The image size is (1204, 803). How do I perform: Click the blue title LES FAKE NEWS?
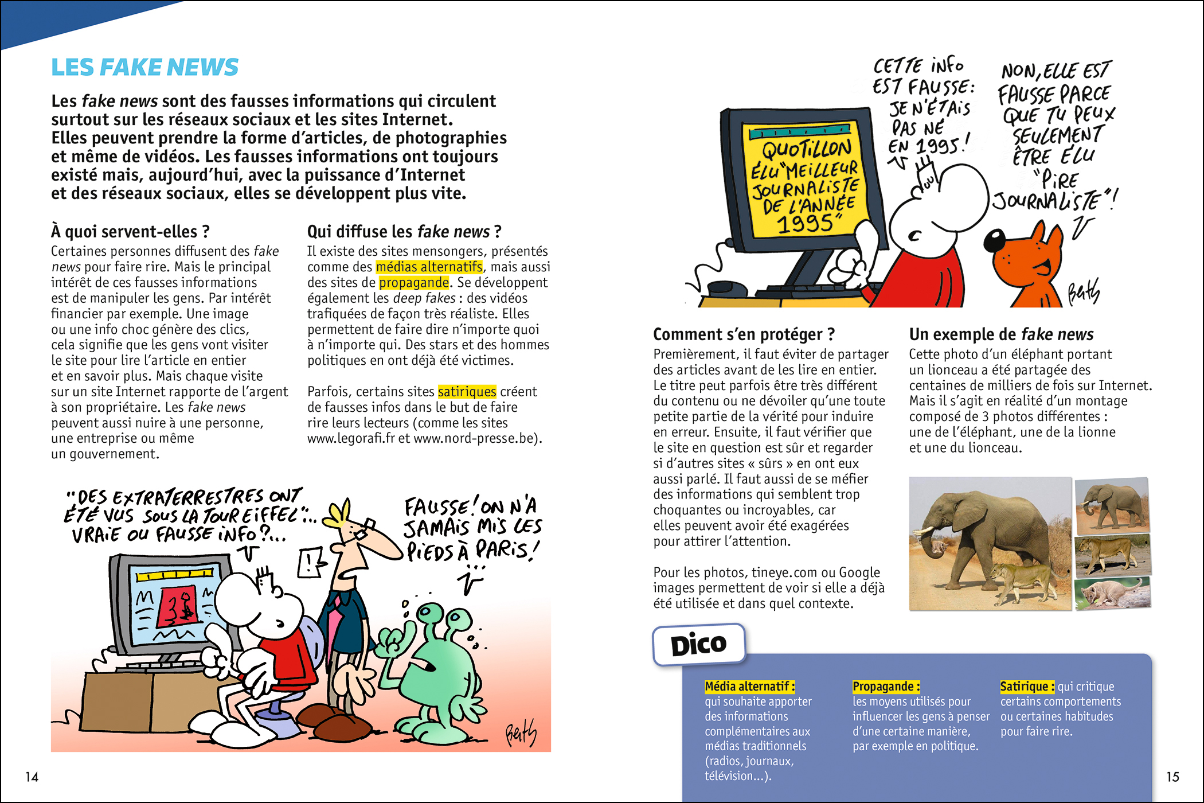[x=144, y=68]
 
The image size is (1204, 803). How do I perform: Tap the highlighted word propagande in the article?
[x=413, y=283]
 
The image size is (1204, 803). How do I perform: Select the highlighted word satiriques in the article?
[x=467, y=392]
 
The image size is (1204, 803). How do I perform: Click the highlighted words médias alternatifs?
[x=429, y=267]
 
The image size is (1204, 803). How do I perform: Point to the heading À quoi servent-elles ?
[x=130, y=232]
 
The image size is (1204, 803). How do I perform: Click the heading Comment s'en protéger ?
[x=744, y=334]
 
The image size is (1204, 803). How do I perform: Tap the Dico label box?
[x=699, y=645]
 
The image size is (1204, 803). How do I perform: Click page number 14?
[x=32, y=777]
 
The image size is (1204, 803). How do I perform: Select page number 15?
[x=1172, y=777]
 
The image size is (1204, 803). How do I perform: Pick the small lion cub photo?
[x=1112, y=593]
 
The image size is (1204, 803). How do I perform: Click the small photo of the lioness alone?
[x=1112, y=555]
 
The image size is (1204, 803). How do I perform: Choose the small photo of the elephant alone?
[x=1112, y=505]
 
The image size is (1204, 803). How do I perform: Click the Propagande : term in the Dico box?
[x=886, y=687]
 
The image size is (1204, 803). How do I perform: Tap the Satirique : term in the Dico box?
[x=1027, y=687]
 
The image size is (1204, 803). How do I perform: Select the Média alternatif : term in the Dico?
[x=749, y=687]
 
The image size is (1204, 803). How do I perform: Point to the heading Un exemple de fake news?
[x=1001, y=334]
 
